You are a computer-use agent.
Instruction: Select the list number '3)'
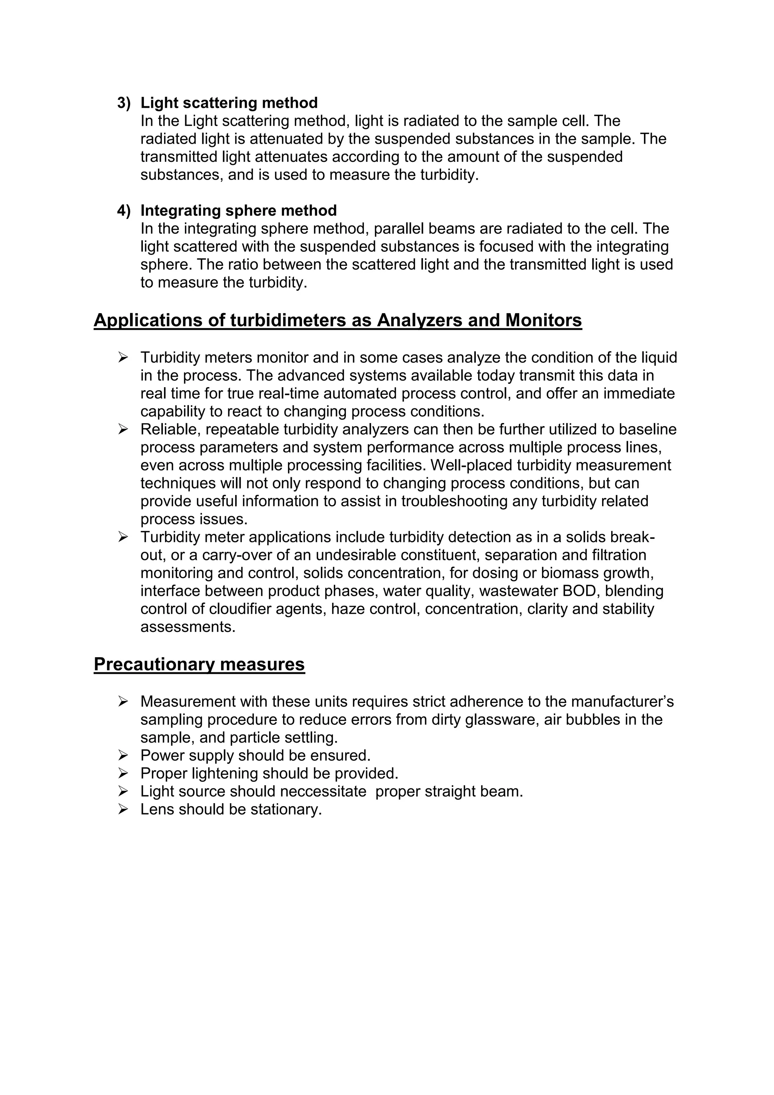click(124, 103)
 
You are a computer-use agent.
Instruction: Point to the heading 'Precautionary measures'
click(199, 664)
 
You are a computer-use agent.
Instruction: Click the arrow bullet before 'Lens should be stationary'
click(123, 810)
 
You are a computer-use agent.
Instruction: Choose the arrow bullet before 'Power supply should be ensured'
click(123, 756)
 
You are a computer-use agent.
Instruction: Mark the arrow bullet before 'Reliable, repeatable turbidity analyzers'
click(123, 430)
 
